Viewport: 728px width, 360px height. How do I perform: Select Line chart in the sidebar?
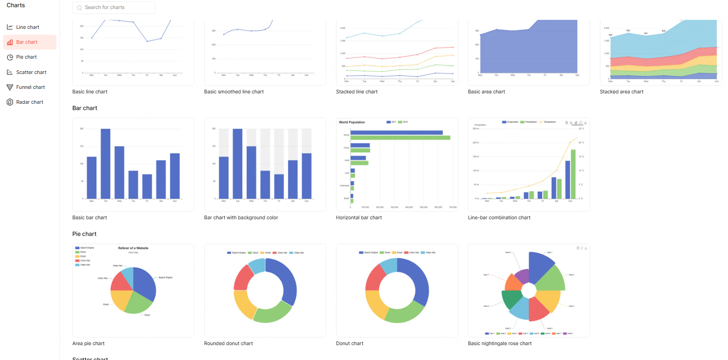[x=28, y=27]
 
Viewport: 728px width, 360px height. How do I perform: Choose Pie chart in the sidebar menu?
[x=26, y=57]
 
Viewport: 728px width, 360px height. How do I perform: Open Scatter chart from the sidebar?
[x=31, y=72]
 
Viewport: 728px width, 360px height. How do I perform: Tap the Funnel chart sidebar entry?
[x=30, y=88]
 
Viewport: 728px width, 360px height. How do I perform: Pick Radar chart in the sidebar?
[x=29, y=102]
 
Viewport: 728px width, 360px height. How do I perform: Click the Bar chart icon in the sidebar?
[x=10, y=42]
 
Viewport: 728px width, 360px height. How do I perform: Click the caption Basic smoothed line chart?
[x=234, y=92]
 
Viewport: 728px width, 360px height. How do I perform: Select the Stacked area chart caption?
[x=621, y=92]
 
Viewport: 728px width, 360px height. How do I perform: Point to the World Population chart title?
[x=352, y=122]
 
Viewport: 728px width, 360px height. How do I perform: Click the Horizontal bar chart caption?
[x=359, y=218]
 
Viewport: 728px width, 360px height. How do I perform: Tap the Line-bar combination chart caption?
[x=499, y=218]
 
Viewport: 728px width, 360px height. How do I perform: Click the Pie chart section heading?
[x=84, y=234]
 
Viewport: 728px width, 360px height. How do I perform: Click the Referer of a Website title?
[x=133, y=248]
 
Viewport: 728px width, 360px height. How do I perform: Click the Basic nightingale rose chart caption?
[x=499, y=344]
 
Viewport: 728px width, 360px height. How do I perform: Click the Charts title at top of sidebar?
[x=16, y=5]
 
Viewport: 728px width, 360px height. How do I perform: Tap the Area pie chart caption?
[x=88, y=344]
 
